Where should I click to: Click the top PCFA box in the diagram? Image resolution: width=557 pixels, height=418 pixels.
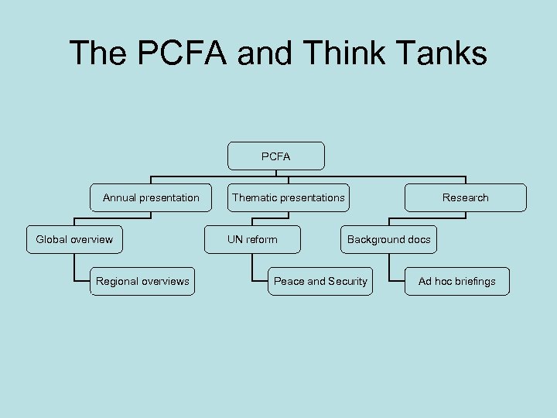pyautogui.click(x=275, y=156)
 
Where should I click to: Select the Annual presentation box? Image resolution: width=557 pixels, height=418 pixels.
pyautogui.click(x=151, y=197)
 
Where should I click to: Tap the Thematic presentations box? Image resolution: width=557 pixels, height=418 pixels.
pyautogui.click(x=289, y=197)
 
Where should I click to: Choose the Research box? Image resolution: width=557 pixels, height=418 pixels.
pyautogui.click(x=465, y=197)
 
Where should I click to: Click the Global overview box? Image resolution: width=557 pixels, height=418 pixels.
pyautogui.click(x=74, y=239)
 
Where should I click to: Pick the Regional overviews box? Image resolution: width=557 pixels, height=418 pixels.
pyautogui.click(x=142, y=281)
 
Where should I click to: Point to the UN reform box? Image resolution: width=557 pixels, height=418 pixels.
pyautogui.click(x=252, y=239)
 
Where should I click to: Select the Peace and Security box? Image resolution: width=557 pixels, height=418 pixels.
pyautogui.click(x=320, y=281)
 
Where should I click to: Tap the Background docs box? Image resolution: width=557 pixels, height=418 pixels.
pyautogui.click(x=388, y=239)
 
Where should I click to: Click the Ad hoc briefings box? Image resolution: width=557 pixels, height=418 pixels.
pyautogui.click(x=456, y=281)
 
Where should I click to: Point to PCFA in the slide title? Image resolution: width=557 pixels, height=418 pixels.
pyautogui.click(x=176, y=53)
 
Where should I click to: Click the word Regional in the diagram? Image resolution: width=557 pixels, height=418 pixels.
pyautogui.click(x=118, y=281)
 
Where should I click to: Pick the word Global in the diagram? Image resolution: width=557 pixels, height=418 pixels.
pyautogui.click(x=52, y=239)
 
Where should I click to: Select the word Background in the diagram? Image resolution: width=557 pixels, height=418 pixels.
pyautogui.click(x=375, y=239)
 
